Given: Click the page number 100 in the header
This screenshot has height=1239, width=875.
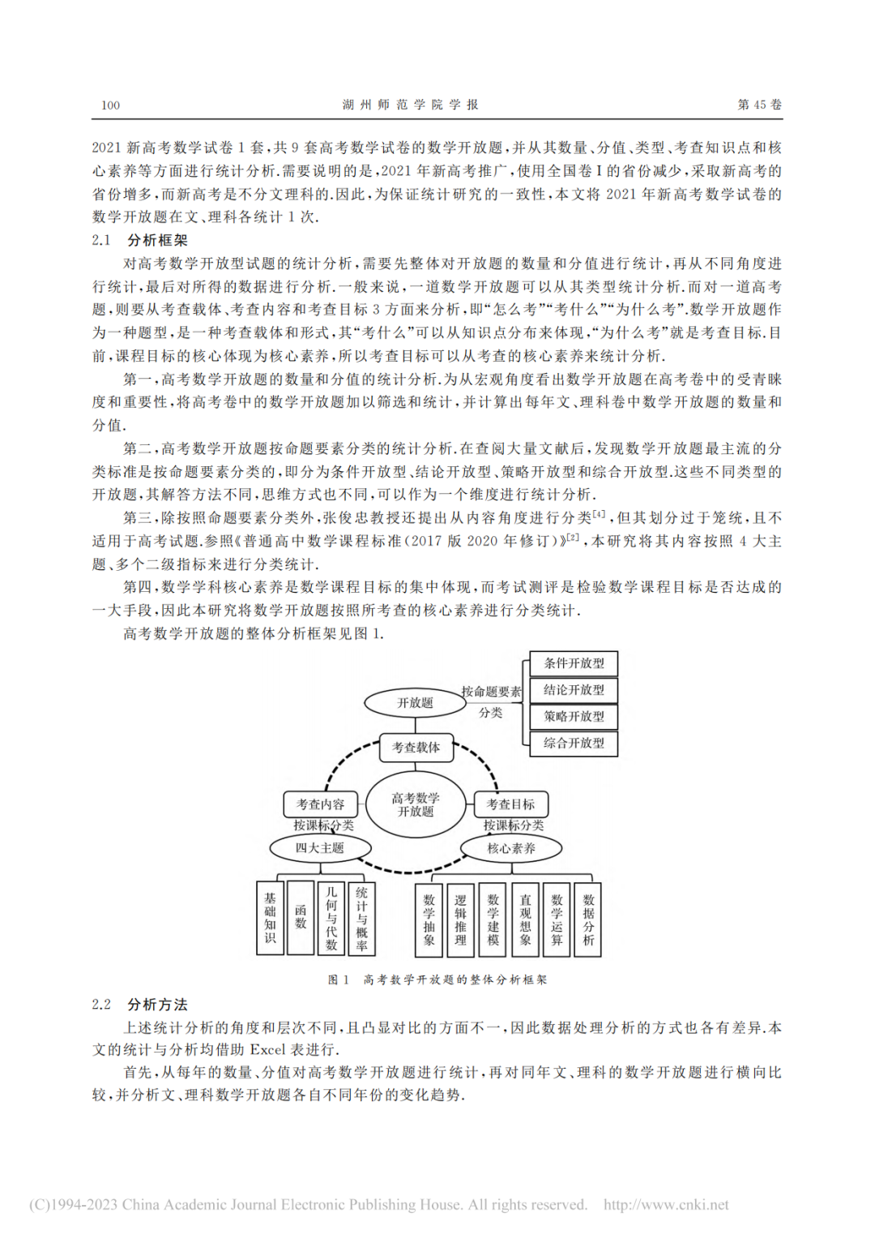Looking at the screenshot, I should point(110,105).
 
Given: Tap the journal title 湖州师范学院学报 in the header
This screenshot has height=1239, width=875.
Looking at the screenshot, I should point(410,105).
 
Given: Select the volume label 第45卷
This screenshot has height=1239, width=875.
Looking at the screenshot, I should point(759,105).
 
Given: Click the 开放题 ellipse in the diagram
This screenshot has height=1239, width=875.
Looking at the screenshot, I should point(415,703).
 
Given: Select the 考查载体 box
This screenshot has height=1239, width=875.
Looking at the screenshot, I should point(416,748).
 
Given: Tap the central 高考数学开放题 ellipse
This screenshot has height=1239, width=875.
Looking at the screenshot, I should point(416,804).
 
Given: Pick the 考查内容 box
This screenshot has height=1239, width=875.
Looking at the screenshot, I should point(320,804).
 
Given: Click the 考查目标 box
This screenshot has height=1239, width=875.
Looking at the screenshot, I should point(510,804).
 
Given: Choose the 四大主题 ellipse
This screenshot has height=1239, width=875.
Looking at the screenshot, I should point(320,848).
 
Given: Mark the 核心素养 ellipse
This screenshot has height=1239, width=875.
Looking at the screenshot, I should point(511,849).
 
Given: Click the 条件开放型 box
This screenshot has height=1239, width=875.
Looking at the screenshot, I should point(574,663).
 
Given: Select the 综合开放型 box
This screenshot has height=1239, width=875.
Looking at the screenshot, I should point(574,743).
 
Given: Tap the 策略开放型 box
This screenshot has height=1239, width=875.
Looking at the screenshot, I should point(574,717).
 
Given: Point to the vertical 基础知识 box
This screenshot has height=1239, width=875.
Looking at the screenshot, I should point(270,918).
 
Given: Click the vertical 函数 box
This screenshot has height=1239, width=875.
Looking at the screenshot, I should point(301,917).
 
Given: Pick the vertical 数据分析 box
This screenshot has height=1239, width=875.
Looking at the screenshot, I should point(588,920).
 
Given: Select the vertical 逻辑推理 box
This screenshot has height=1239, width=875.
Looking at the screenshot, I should point(460,920).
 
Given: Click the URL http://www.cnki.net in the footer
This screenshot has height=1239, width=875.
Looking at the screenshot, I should point(666,1205).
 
